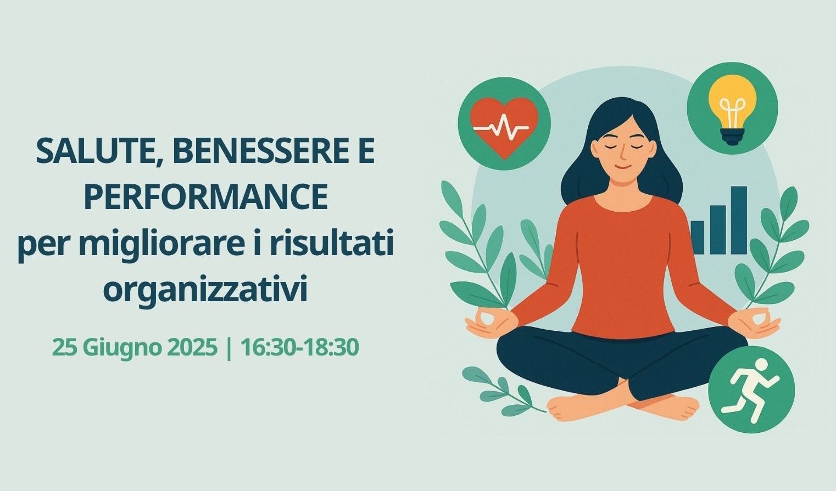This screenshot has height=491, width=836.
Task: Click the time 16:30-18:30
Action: coord(300,347)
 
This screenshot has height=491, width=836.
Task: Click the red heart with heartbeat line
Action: coord(504,127)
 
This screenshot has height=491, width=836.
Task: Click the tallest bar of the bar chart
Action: coord(739,220)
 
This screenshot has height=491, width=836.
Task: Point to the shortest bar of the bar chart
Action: coord(697,237)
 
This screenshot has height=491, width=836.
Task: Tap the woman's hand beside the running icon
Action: coord(754,323)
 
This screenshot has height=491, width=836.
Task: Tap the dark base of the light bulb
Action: coord(732,137)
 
